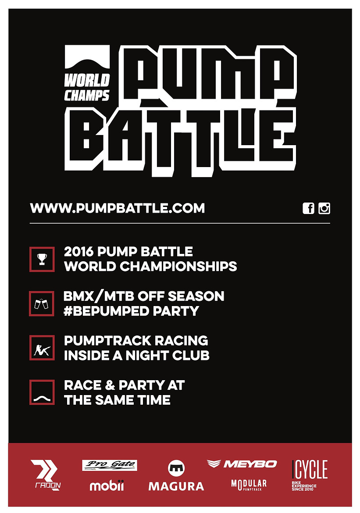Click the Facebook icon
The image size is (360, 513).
coord(308,208)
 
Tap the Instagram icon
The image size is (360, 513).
coord(324,208)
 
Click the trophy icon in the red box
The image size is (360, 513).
coord(42,259)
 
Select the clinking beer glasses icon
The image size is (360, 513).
coord(42,303)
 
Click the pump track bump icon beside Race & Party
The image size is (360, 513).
coord(42,398)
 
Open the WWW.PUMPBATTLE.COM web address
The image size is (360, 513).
coord(118,208)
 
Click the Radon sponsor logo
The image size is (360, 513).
coord(46,475)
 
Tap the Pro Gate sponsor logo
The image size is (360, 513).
coord(110,465)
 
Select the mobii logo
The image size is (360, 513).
coord(107,485)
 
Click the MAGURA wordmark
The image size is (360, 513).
coord(176,486)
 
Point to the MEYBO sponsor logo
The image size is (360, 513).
coord(242,464)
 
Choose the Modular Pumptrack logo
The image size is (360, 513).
coord(249,485)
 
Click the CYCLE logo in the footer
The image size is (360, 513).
coord(310,475)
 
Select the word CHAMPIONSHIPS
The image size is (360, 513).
coord(178,266)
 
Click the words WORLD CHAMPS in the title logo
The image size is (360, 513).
coord(87,87)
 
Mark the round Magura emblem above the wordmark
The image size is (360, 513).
coord(176,468)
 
